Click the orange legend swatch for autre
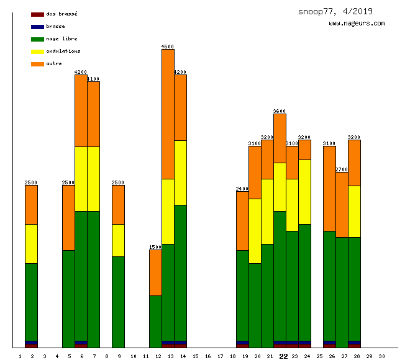pyautogui.click(x=37, y=64)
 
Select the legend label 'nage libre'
pyautogui.click(x=61, y=38)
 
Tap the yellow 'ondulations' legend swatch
pyautogui.click(x=37, y=52)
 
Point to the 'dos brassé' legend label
pyautogui.click(x=61, y=14)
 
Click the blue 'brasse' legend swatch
pyautogui.click(x=37, y=27)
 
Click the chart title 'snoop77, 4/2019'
pyautogui.click(x=335, y=11)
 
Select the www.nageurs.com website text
pyautogui.click(x=357, y=24)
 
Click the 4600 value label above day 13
pyautogui.click(x=168, y=47)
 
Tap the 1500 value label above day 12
pyautogui.click(x=155, y=247)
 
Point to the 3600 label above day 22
pyautogui.click(x=280, y=111)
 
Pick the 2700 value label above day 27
pyautogui.click(x=342, y=169)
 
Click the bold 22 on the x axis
pyautogui.click(x=283, y=356)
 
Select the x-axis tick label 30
pyautogui.click(x=381, y=356)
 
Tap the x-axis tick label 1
pyautogui.click(x=20, y=356)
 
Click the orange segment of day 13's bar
pyautogui.click(x=168, y=114)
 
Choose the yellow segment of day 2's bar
pyautogui.click(x=31, y=243)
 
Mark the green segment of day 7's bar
pyautogui.click(x=93, y=279)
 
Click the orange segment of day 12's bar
pyautogui.click(x=155, y=272)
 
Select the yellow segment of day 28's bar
pyautogui.click(x=354, y=211)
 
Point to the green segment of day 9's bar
pyautogui.click(x=118, y=302)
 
